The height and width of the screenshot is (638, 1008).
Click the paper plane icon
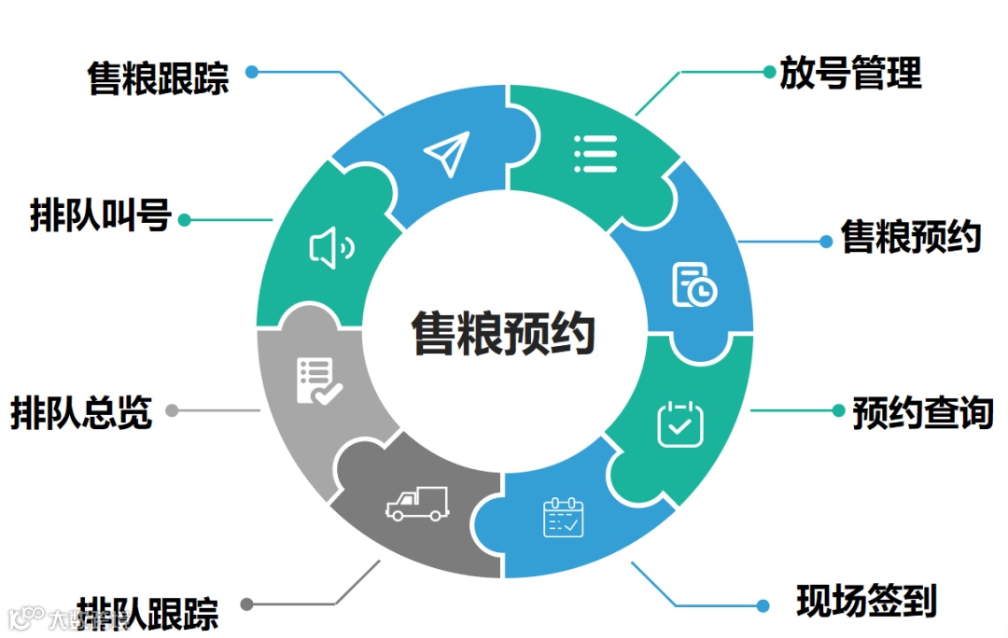(446, 154)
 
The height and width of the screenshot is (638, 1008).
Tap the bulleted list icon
(595, 153)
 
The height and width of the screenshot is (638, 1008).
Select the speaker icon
(331, 249)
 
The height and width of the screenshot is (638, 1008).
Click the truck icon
(417, 505)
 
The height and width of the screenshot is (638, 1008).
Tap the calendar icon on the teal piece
(680, 423)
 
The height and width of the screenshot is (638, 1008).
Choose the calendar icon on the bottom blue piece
(563, 518)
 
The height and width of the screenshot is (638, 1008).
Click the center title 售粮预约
(504, 333)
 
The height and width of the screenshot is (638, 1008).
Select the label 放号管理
(851, 73)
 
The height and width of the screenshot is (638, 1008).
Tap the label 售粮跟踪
(159, 78)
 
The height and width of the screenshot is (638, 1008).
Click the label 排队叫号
(100, 216)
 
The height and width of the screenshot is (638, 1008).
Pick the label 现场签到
(866, 601)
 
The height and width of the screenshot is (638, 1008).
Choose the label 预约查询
(922, 411)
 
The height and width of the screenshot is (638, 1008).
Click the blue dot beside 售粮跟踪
(251, 71)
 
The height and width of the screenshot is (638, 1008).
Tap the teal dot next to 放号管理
(768, 71)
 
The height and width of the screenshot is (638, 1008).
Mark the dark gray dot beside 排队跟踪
(246, 604)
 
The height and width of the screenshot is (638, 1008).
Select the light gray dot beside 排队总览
(172, 410)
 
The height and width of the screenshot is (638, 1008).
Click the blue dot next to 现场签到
(763, 605)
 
